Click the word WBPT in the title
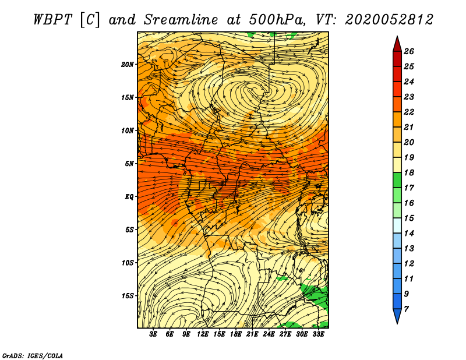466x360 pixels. [53, 20]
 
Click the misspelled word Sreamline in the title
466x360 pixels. [181, 20]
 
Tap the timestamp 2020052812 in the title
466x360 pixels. [389, 20]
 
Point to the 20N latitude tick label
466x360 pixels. [128, 65]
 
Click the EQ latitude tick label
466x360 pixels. [129, 197]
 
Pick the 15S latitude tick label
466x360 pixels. [128, 296]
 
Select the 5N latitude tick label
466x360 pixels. [129, 164]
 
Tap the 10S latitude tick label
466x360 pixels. [128, 263]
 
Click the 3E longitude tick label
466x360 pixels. [153, 334]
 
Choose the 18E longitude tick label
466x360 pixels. [235, 334]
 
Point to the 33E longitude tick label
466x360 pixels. [318, 334]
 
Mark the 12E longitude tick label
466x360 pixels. [202, 334]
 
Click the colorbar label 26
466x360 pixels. [409, 51]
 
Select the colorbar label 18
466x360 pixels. [409, 172]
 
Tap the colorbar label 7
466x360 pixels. [406, 309]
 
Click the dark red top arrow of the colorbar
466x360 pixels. [397, 45]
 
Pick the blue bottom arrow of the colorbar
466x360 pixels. [397, 315]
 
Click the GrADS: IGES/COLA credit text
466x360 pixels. [33, 355]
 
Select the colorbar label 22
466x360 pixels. [409, 112]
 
